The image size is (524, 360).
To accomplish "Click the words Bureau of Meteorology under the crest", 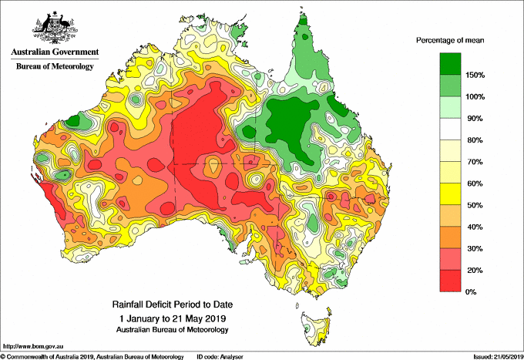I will (x=54, y=66).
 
